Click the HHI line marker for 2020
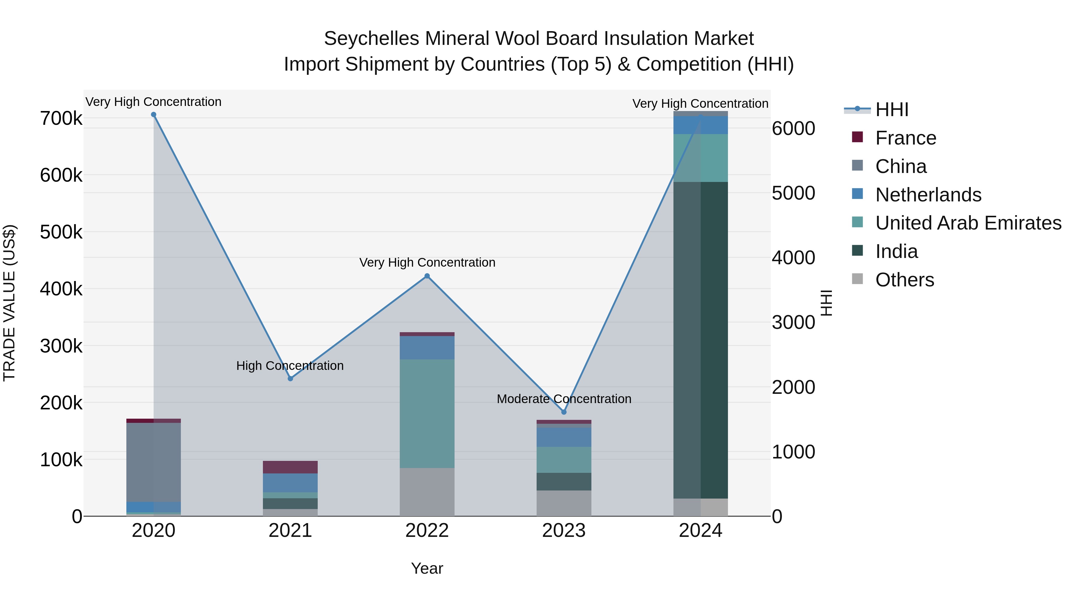[154, 115]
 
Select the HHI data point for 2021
[290, 379]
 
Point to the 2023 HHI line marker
[564, 412]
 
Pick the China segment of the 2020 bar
[154, 462]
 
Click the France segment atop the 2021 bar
[290, 467]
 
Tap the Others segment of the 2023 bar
[564, 503]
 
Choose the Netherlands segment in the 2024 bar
[700, 125]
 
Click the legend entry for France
[905, 138]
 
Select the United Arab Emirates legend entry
[968, 223]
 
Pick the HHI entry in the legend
[891, 110]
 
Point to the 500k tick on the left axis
[61, 232]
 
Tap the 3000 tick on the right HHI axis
[793, 322]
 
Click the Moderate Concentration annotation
[564, 399]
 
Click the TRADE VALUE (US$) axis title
[9, 303]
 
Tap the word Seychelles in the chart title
[371, 39]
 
